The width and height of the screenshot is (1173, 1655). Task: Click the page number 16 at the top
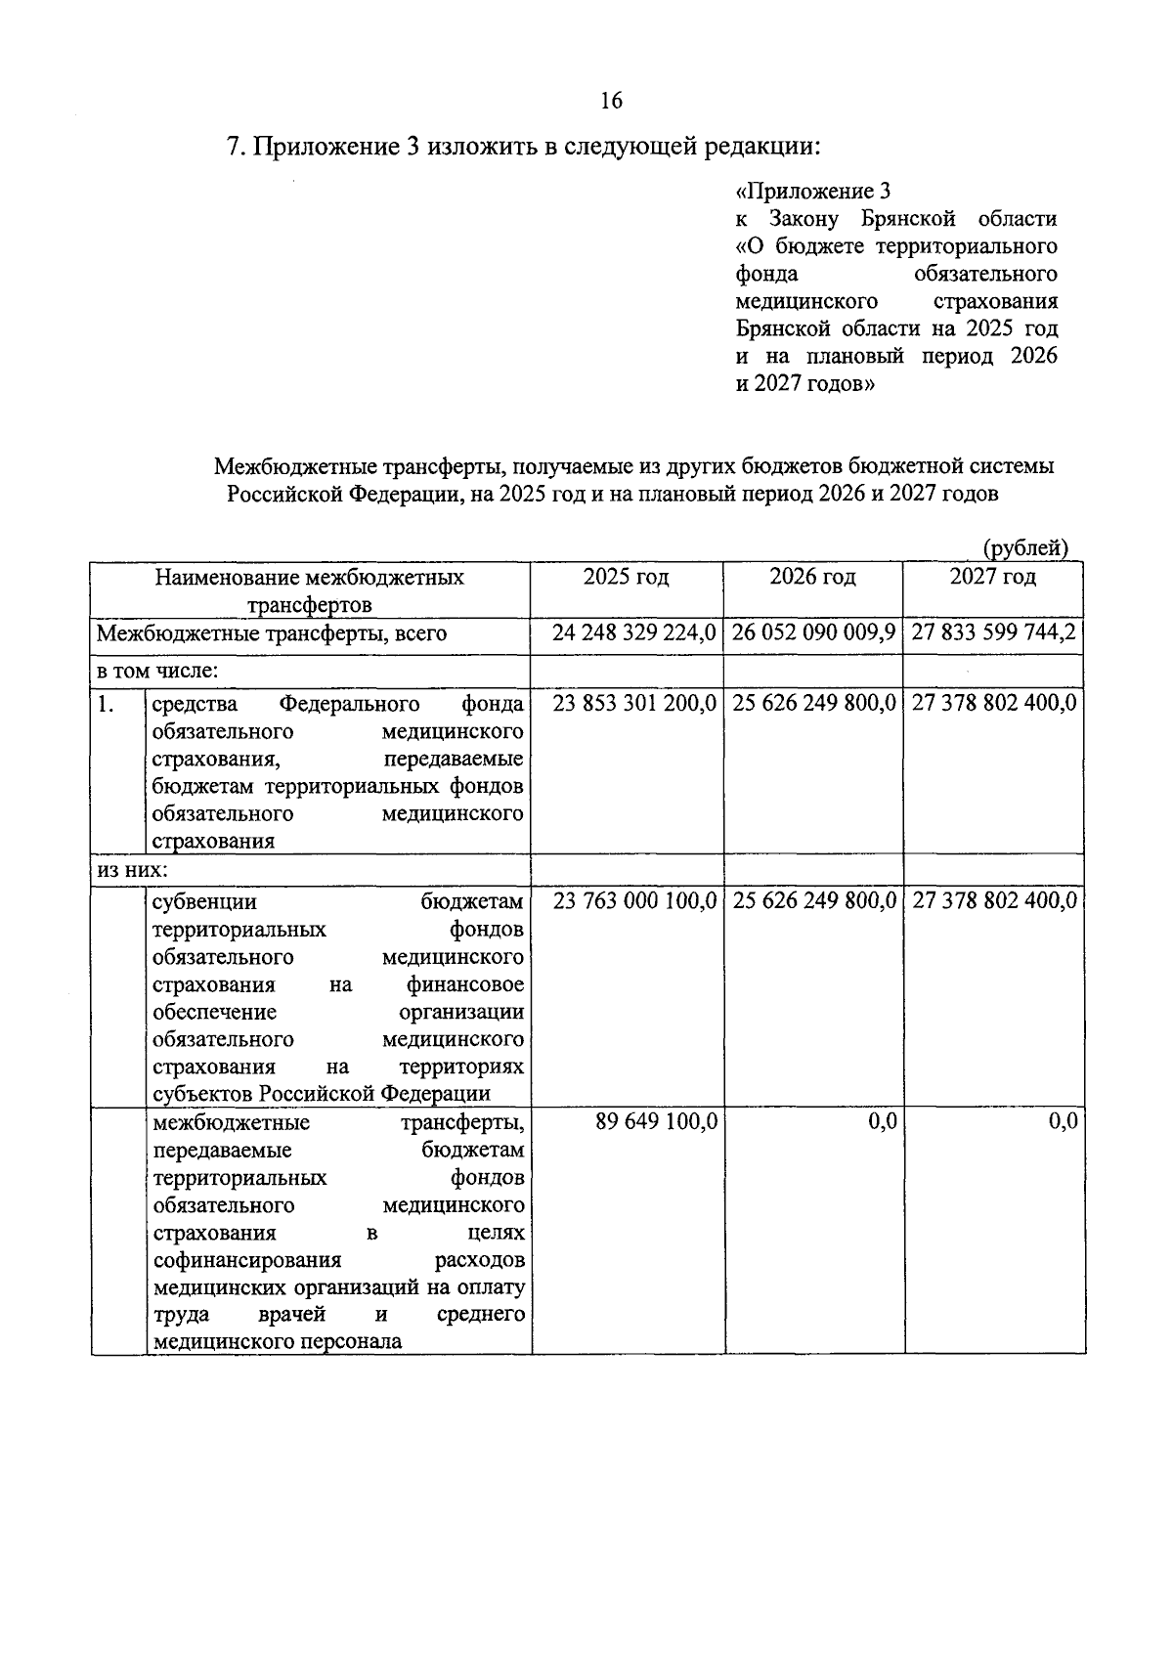point(611,101)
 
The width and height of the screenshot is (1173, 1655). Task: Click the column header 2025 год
point(626,578)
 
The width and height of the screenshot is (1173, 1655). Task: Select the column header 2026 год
point(812,578)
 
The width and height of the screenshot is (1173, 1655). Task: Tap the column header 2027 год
point(993,578)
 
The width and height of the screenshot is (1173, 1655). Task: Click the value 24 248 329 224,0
point(634,633)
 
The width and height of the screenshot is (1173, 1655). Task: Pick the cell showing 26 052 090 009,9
point(814,633)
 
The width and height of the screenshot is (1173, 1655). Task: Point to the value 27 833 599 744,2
point(994,633)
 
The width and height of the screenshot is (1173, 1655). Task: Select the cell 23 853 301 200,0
point(634,704)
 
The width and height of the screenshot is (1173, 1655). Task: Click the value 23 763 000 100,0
point(634,901)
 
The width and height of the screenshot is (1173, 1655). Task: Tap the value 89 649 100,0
point(656,1122)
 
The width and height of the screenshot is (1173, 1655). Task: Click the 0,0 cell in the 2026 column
point(883,1122)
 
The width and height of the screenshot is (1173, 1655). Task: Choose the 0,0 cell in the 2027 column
point(1063,1122)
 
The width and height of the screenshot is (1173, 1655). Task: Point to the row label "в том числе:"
point(156,671)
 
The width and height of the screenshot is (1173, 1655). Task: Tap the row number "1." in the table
point(107,704)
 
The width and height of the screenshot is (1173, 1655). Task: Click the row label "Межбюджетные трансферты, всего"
point(272,633)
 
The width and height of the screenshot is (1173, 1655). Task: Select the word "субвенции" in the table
point(204,901)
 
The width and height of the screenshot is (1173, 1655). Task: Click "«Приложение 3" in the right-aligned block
point(812,192)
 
